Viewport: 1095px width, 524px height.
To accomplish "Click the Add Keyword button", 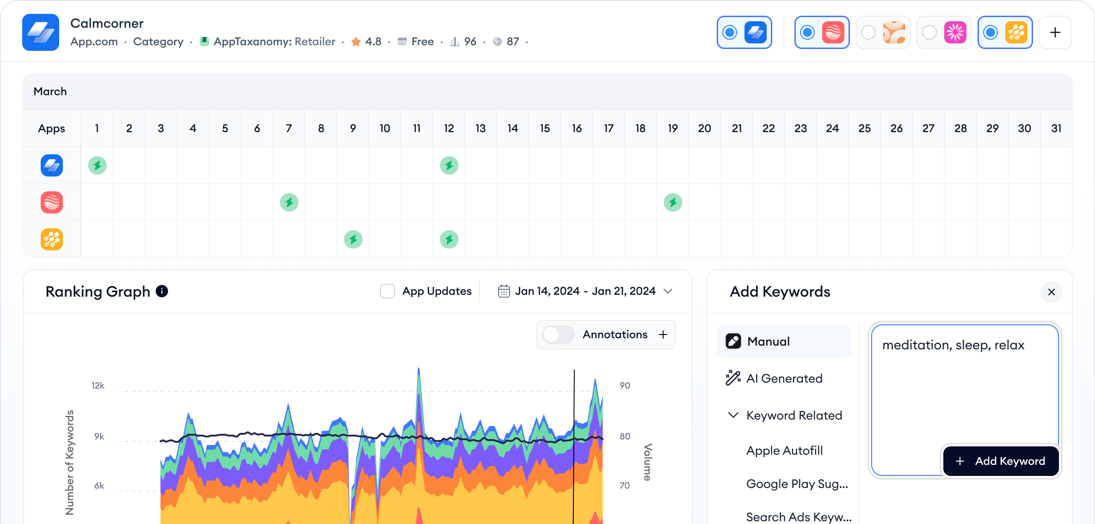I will (x=1001, y=461).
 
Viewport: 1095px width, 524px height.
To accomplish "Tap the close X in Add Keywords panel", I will (x=1051, y=292).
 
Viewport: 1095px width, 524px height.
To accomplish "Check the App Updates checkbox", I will (x=388, y=291).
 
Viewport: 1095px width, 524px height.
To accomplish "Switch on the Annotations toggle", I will (x=558, y=335).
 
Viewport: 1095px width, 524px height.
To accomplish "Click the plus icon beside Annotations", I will (x=663, y=335).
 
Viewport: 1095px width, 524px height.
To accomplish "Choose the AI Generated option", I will (x=784, y=378).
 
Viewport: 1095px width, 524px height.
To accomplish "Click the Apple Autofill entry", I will (x=784, y=451).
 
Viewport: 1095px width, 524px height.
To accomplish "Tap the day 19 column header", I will (x=672, y=128).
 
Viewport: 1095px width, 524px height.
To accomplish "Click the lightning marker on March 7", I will (x=289, y=202).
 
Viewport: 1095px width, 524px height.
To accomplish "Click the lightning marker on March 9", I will (x=353, y=239).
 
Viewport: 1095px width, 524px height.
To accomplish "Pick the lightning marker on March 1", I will (x=97, y=165).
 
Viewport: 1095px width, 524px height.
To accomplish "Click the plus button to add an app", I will (x=1055, y=32).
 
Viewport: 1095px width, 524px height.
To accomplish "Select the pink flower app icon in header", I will (x=955, y=32).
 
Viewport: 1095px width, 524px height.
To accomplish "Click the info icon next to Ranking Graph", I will (x=162, y=291).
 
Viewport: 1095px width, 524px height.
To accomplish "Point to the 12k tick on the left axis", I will (x=98, y=385).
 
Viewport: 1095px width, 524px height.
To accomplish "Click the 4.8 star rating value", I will (x=373, y=42).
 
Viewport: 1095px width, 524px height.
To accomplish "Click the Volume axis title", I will (x=647, y=462).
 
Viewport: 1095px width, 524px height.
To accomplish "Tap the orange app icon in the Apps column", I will (x=52, y=239).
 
